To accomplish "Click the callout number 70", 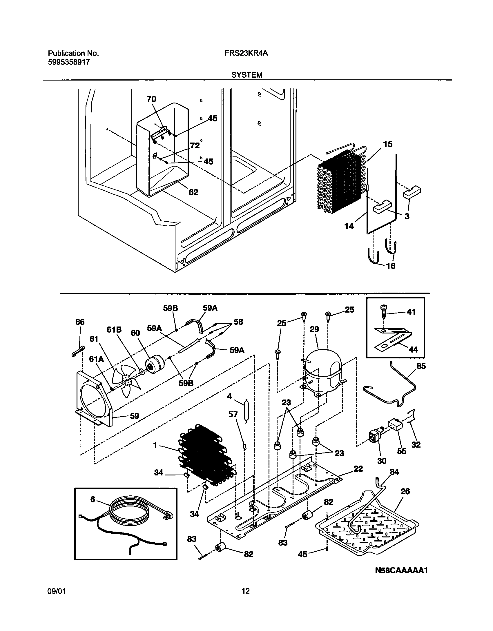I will tap(151, 99).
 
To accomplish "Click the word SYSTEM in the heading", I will tap(246, 75).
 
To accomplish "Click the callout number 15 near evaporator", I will tap(387, 144).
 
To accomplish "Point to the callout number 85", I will tap(421, 366).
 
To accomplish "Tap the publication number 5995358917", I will tap(69, 62).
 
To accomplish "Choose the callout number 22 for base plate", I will tap(358, 468).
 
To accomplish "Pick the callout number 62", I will tap(193, 192).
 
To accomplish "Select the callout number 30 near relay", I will tap(382, 461).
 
